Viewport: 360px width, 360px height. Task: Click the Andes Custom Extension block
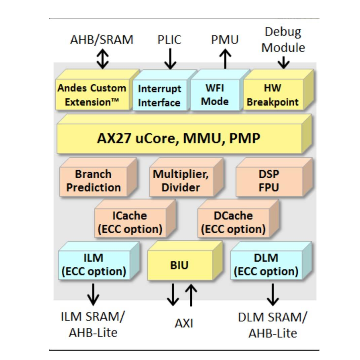[x=92, y=95]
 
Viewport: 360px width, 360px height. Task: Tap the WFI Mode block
[x=215, y=95]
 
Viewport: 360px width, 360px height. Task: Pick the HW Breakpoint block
[x=273, y=95]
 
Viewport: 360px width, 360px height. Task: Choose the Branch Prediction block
[x=94, y=181]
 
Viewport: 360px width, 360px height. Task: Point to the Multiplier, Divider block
[x=181, y=181]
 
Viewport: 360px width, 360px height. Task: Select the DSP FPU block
[x=269, y=181]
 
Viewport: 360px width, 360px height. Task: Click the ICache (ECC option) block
[x=130, y=223]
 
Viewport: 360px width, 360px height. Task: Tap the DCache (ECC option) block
[x=233, y=223]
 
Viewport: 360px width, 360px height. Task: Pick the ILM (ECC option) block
[x=94, y=265]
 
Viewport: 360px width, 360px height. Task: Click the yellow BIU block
[x=180, y=265]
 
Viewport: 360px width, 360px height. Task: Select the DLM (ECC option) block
[x=266, y=265]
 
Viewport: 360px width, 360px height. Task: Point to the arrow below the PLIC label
[x=170, y=58]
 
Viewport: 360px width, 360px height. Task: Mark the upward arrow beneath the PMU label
[x=225, y=58]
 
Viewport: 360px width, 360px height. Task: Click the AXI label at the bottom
[x=184, y=323]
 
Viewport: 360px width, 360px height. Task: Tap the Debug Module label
[x=283, y=40]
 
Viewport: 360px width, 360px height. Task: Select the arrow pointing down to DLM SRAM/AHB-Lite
[x=273, y=294]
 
